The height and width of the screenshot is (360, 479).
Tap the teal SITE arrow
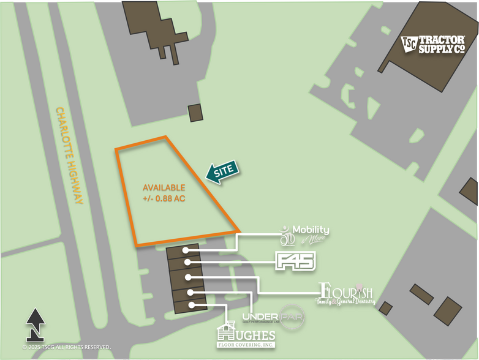coord(221,173)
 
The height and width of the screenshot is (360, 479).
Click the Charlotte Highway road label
coord(69,156)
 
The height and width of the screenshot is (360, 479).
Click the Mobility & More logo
coord(305,233)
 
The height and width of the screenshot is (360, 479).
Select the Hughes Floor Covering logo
coord(246,337)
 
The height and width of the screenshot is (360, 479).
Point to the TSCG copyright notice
coord(66,347)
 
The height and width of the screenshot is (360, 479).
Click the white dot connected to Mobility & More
coord(184,250)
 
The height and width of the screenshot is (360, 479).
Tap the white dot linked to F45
coord(187,263)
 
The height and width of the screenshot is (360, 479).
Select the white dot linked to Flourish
coord(187,277)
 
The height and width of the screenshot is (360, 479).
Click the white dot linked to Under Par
coord(190,291)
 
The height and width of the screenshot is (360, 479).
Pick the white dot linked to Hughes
coord(192,304)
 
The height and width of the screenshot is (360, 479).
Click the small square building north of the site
coord(195,113)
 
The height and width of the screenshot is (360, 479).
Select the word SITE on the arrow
coord(224,171)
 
